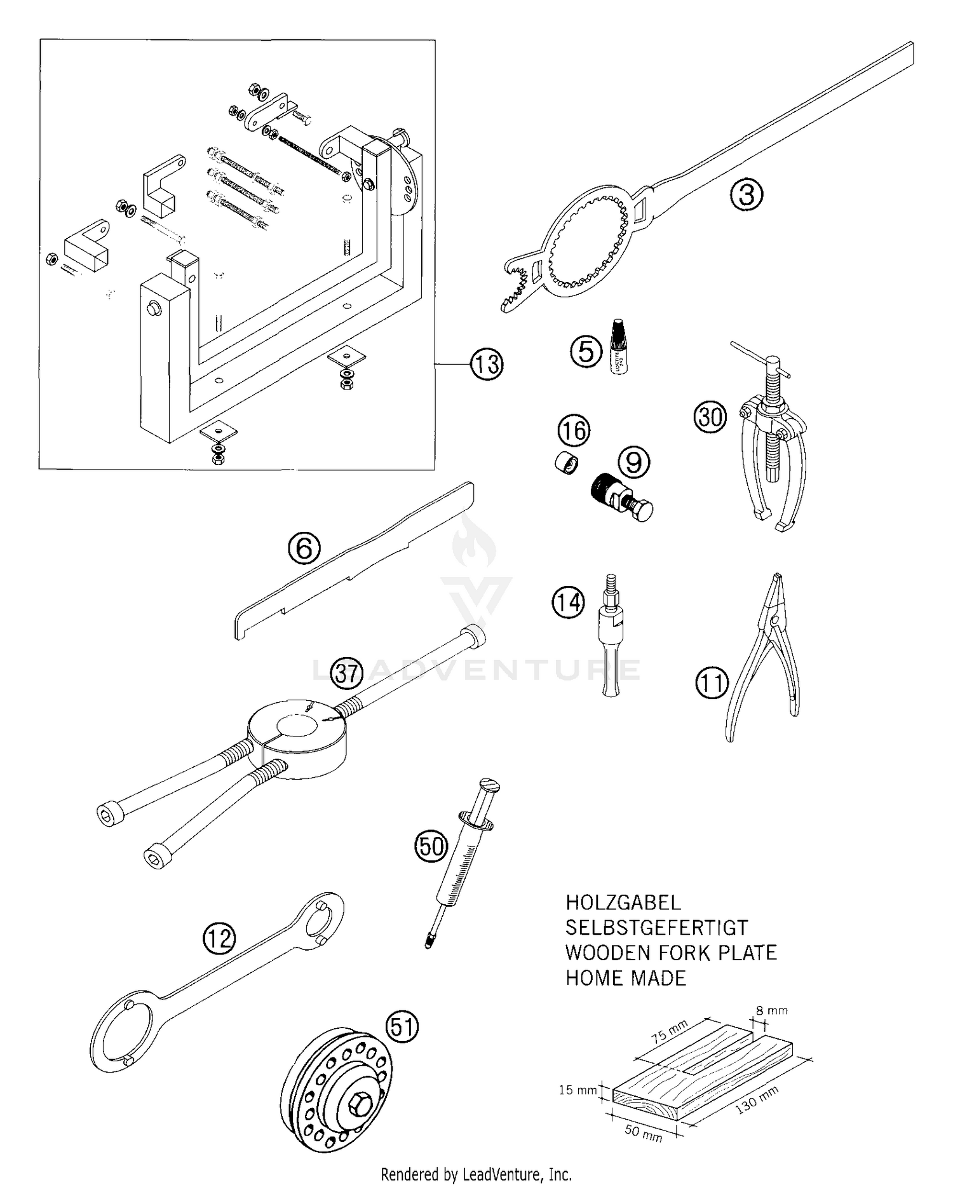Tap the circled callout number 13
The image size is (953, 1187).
pyautogui.click(x=487, y=363)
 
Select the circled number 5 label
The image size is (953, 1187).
pyautogui.click(x=586, y=351)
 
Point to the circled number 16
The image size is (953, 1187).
pyautogui.click(x=574, y=431)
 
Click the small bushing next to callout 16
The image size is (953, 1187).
pyautogui.click(x=565, y=463)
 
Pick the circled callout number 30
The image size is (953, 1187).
pyautogui.click(x=710, y=417)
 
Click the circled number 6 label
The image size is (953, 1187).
pyautogui.click(x=304, y=548)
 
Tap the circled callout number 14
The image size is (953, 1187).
pyautogui.click(x=568, y=601)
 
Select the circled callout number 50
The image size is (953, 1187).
pyautogui.click(x=431, y=846)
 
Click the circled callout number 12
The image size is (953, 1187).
pyautogui.click(x=219, y=937)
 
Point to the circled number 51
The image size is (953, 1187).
pyautogui.click(x=403, y=1027)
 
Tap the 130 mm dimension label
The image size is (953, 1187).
pyautogui.click(x=756, y=1097)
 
